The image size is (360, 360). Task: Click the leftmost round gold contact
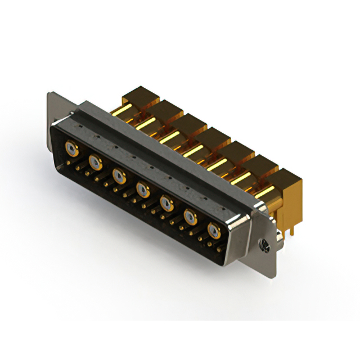tap(71, 149)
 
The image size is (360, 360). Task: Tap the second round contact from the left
tap(95, 163)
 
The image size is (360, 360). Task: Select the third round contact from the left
tap(119, 175)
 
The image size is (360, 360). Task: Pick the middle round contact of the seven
tap(142, 188)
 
